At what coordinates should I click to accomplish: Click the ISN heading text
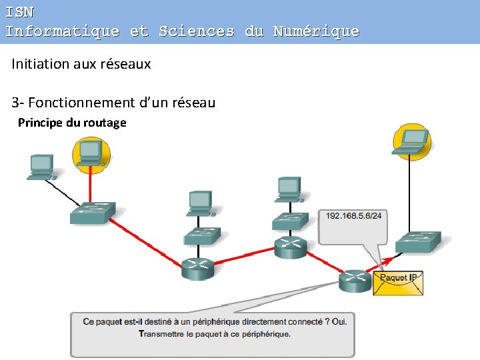19,12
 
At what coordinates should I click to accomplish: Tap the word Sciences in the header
197,31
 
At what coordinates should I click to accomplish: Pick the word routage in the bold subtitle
105,123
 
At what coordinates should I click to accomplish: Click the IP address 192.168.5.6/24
353,215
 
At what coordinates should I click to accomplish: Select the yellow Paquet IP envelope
398,281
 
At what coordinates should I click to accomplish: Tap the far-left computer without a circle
41,167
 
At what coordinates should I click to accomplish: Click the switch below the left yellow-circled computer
93,212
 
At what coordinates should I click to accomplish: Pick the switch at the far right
418,241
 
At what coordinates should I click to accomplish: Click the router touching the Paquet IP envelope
355,281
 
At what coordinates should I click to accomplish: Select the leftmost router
197,268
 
